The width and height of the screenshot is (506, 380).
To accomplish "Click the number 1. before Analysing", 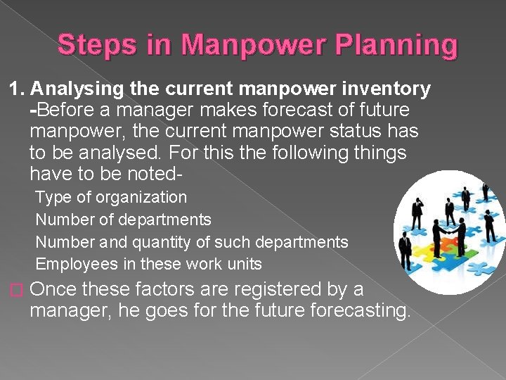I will [x=17, y=89].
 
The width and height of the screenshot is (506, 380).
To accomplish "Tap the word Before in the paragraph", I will [x=63, y=110].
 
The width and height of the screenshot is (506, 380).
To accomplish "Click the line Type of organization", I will [x=111, y=198].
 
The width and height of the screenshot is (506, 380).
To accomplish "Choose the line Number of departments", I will [x=123, y=220].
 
